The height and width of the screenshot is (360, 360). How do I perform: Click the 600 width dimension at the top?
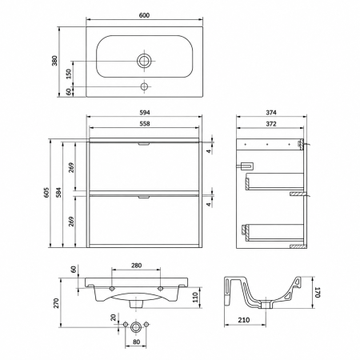point(144,15)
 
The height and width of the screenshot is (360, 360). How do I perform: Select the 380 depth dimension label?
point(54,61)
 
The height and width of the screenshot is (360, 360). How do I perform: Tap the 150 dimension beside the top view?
point(69,74)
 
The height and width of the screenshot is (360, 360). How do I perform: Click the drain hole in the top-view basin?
point(144,61)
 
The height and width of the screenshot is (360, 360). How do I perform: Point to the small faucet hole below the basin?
point(144,86)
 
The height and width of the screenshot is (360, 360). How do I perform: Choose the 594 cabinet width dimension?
point(145,113)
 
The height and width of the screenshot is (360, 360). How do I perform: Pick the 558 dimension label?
point(145,124)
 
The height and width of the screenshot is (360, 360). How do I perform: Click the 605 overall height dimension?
point(46,192)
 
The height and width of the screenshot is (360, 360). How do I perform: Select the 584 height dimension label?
point(58,192)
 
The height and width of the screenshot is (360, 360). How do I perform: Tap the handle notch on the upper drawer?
point(144,144)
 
